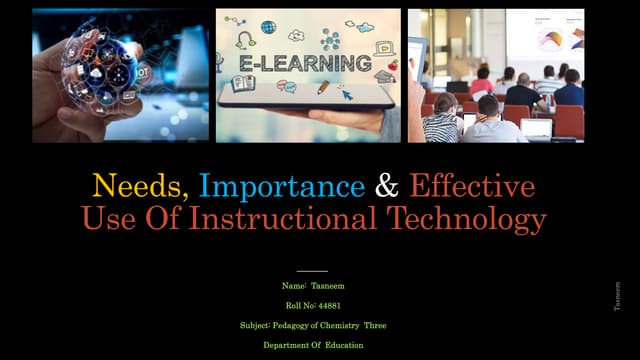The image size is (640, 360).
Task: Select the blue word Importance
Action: pyautogui.click(x=281, y=186)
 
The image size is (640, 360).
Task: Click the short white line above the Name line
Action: pyautogui.click(x=312, y=270)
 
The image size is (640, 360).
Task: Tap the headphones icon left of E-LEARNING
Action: pyautogui.click(x=245, y=41)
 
